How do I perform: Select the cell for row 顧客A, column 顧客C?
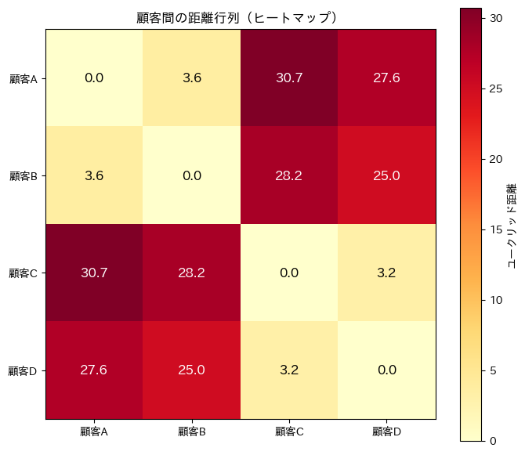(290, 78)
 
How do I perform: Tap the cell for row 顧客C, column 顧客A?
(95, 273)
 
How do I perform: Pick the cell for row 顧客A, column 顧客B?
(192, 78)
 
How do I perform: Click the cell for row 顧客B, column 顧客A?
(95, 175)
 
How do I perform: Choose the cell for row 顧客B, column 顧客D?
(387, 175)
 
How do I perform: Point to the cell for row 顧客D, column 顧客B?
(192, 370)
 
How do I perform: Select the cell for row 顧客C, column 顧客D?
(387, 273)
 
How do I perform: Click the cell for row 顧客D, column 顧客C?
(290, 370)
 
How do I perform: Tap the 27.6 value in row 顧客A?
(387, 78)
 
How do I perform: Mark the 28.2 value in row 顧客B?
(290, 175)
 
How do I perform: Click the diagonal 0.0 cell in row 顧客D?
(387, 370)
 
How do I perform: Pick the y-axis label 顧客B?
(27, 175)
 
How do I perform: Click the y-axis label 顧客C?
(27, 273)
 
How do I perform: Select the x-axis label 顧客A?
(95, 431)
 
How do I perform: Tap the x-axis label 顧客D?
(387, 431)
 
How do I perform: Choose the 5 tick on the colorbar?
(492, 370)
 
